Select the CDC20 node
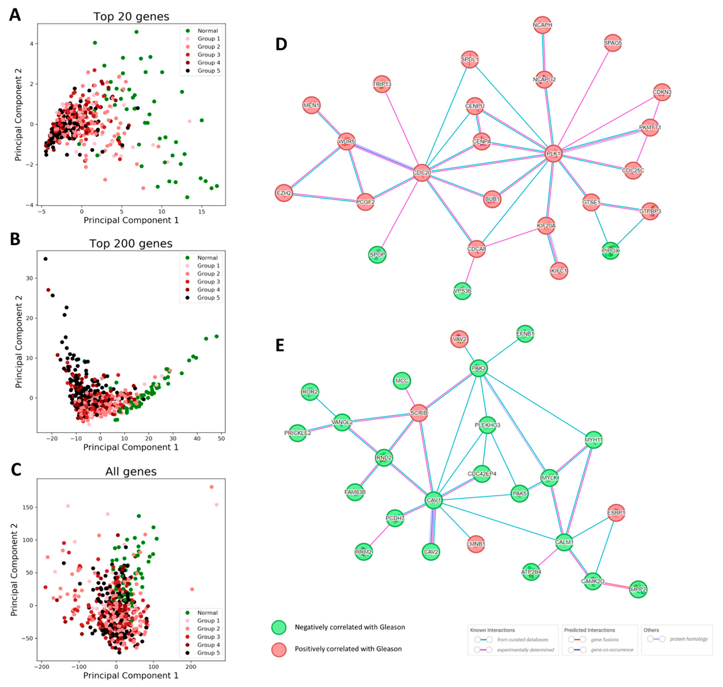[422, 173]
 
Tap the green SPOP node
[377, 254]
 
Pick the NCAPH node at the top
[542, 25]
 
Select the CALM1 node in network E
[564, 542]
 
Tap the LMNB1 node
[476, 544]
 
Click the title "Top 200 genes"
[131, 244]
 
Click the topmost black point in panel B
[46, 259]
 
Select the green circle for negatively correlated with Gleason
[279, 627]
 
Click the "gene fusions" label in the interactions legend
[605, 639]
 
